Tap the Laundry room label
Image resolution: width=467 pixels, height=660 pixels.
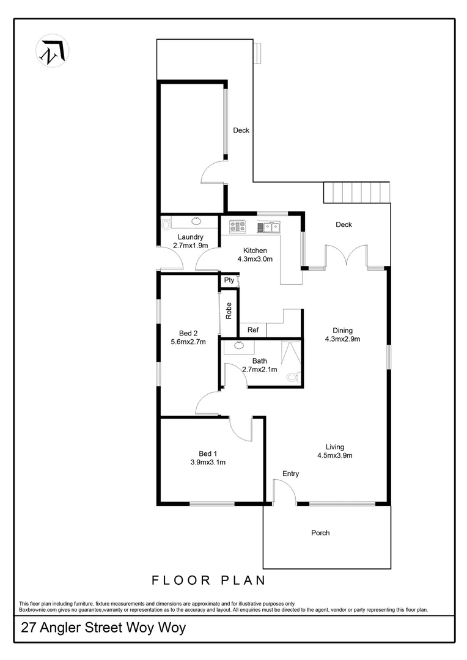[x=190, y=237]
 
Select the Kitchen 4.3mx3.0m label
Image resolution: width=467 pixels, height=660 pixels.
[x=255, y=254]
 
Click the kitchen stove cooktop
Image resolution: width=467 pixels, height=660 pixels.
[x=237, y=227]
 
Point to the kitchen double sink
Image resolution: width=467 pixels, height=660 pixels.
[x=268, y=227]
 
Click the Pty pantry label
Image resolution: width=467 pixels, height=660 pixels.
[x=229, y=280]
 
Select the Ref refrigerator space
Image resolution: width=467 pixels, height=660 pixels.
[x=253, y=330]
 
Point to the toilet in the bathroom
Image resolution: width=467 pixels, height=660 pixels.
[x=294, y=378]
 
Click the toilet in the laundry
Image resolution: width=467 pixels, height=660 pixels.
[x=166, y=225]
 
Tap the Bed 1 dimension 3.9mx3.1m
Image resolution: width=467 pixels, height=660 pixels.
[x=208, y=462]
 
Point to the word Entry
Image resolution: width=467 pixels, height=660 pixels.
[x=290, y=474]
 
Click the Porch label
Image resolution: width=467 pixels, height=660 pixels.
[x=320, y=533]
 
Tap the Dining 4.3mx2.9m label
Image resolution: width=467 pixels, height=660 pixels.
[x=342, y=335]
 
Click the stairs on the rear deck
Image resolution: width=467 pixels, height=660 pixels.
[x=357, y=193]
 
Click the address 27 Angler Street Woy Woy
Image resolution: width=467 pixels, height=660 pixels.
[x=103, y=628]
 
